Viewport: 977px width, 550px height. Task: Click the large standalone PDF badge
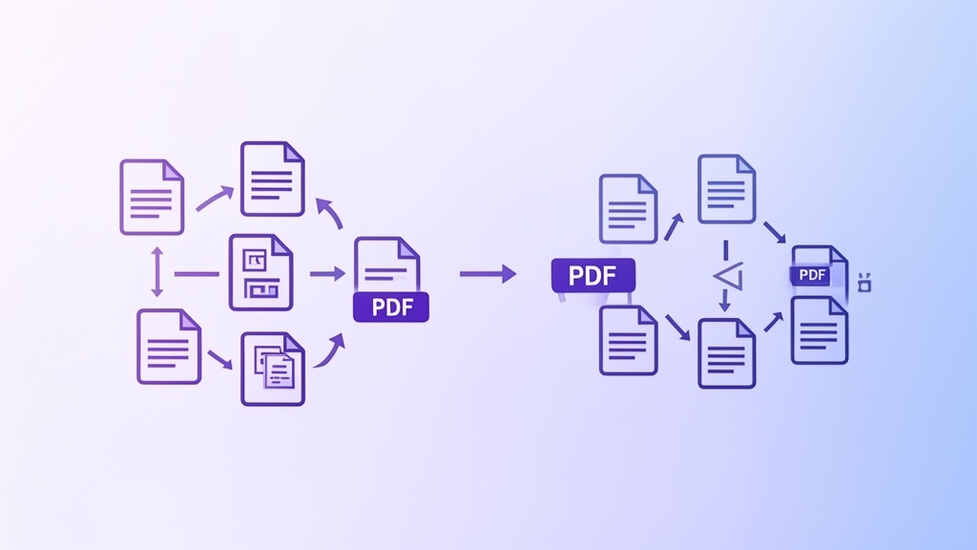coord(593,276)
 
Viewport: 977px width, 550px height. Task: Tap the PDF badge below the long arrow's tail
coord(391,307)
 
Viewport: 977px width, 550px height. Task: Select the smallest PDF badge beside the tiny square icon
coord(812,275)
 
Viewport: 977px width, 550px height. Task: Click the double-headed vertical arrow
coord(157,272)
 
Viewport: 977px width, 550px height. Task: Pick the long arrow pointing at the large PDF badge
coord(488,274)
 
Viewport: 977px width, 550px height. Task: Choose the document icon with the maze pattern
coord(261,272)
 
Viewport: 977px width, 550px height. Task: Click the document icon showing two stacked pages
coord(273,370)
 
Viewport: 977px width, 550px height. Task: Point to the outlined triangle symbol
coord(728,276)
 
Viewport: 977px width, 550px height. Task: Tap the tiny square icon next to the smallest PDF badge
coord(864,283)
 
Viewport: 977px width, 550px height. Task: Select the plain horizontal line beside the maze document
coord(197,274)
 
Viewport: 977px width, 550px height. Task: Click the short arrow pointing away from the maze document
coord(328,274)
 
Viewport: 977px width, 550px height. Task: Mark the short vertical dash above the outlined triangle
coord(726,250)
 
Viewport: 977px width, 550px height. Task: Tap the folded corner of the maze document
coord(282,245)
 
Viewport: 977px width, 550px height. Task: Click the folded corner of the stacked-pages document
coord(295,343)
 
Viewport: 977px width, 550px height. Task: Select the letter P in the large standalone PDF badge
coord(575,276)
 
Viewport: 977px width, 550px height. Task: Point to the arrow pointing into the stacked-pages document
coord(220,359)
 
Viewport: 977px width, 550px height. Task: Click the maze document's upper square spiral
coord(254,260)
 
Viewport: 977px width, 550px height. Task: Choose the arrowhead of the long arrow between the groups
coord(509,274)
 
